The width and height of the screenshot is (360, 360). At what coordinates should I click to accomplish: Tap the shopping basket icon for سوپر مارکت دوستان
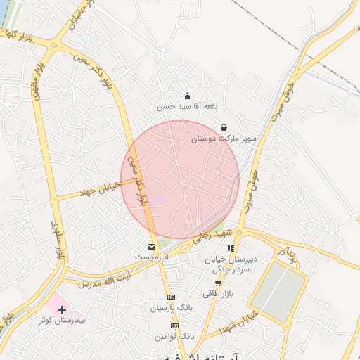[224, 127]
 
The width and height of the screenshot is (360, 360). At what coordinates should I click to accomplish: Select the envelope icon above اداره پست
[151, 247]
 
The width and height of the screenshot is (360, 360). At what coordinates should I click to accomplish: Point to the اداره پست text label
[151, 257]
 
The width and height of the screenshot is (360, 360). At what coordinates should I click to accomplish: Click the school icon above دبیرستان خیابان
[231, 248]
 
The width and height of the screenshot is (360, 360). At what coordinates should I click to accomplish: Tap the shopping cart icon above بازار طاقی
[217, 283]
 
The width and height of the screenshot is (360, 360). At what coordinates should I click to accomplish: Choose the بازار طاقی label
[217, 293]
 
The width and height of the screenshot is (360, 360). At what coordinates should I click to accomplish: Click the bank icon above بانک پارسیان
[171, 297]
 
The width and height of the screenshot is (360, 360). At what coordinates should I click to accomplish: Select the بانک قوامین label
[175, 336]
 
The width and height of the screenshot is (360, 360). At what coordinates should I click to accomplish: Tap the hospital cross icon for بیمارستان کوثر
[62, 309]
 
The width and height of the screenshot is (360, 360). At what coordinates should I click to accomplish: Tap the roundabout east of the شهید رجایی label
[239, 232]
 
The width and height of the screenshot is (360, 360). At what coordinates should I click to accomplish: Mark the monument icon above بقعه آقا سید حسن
[187, 96]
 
